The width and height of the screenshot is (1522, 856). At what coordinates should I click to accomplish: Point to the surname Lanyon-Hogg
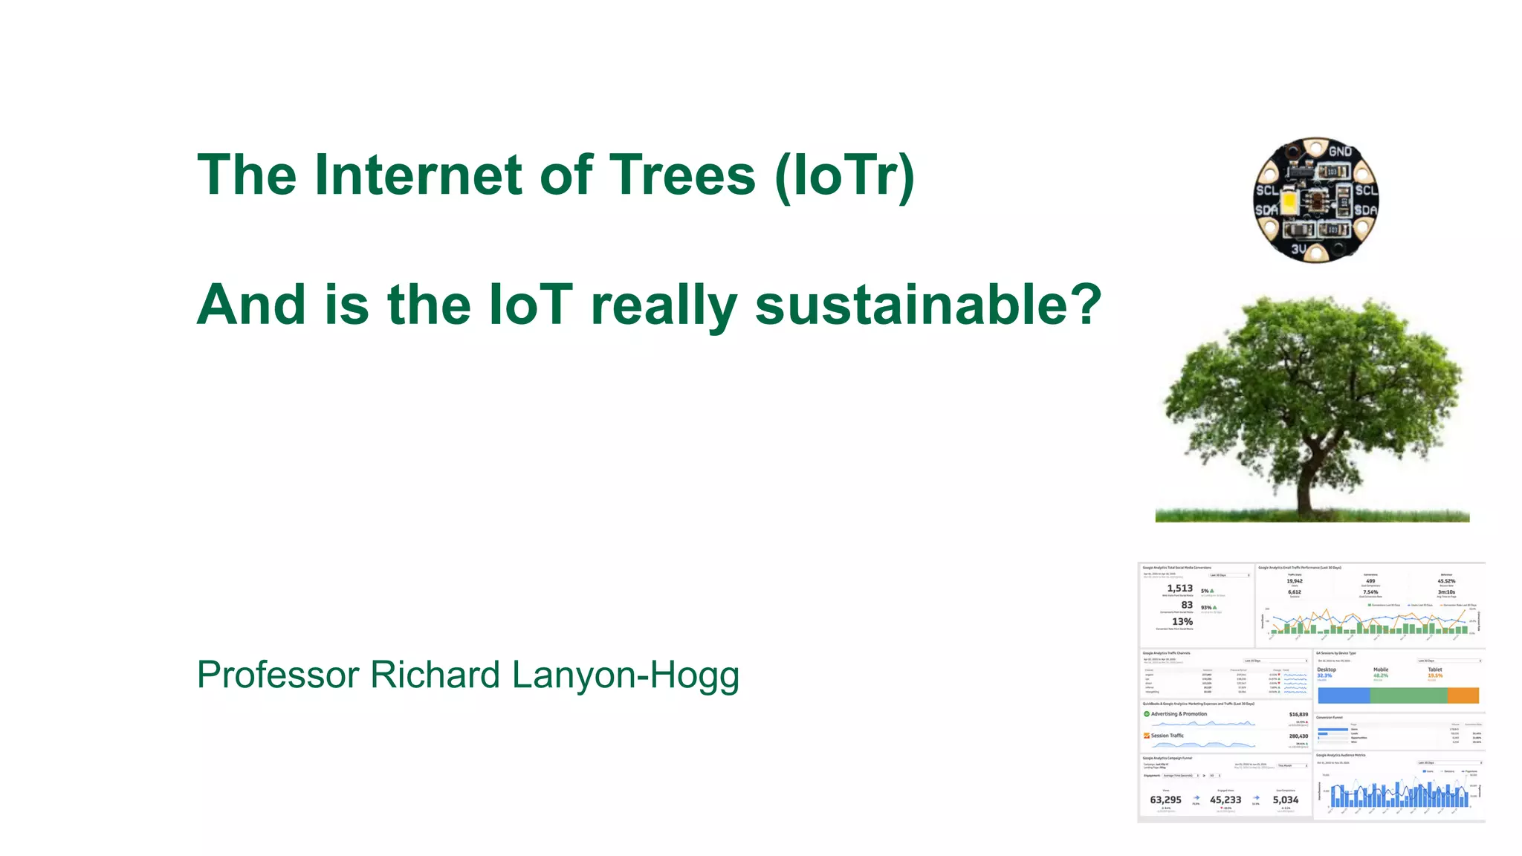point(625,675)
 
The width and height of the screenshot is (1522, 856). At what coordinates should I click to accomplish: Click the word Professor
point(278,675)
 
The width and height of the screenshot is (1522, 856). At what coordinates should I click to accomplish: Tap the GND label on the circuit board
point(1340,152)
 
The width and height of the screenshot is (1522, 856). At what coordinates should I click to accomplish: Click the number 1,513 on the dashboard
point(1179,588)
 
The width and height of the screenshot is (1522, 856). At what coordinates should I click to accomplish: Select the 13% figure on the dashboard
point(1182,621)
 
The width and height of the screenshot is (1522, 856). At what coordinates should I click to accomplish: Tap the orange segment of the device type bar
point(1463,695)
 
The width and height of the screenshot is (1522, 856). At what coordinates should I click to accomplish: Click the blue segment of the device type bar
point(1344,695)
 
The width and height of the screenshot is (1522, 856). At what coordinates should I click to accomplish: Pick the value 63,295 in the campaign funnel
point(1165,800)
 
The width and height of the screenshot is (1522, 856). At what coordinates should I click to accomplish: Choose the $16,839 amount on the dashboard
point(1298,714)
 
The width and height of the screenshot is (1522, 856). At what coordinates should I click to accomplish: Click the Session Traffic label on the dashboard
point(1167,736)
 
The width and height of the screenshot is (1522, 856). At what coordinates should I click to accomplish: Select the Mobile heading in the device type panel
point(1380,669)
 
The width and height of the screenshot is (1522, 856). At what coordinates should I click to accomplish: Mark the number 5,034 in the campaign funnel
point(1285,800)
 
